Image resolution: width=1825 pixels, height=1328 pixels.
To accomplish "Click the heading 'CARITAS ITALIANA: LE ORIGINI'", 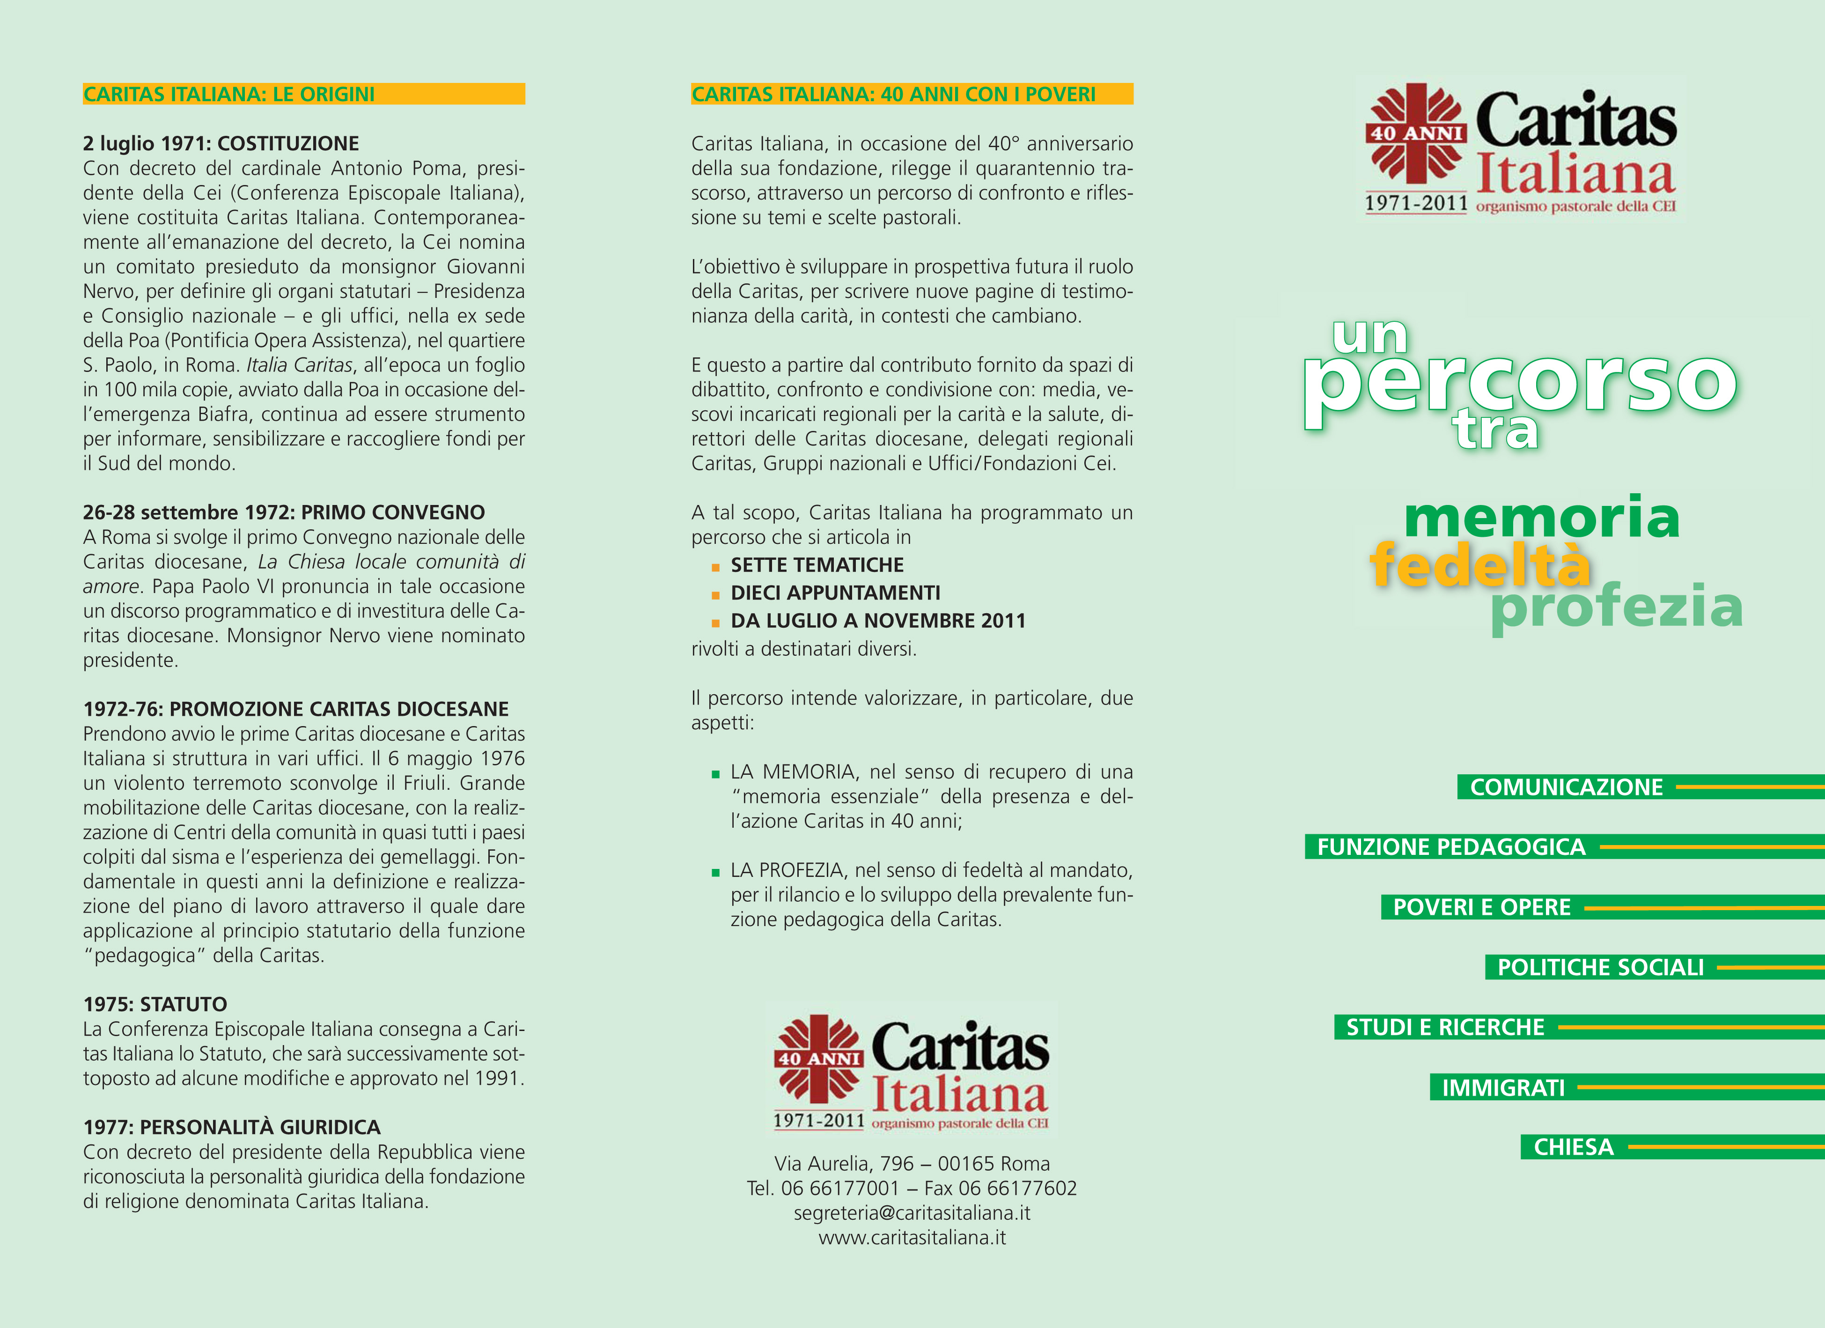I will click(229, 94).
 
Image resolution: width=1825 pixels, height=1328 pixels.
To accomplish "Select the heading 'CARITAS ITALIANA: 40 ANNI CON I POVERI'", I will click(893, 94).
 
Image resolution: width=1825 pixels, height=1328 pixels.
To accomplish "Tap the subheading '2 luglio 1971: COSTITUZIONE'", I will click(221, 143).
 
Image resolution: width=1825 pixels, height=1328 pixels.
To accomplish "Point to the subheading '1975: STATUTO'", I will click(155, 1004).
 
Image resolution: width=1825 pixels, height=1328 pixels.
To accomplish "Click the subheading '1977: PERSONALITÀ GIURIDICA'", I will click(232, 1127).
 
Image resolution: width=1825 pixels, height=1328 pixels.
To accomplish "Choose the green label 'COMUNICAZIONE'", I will click(1566, 787).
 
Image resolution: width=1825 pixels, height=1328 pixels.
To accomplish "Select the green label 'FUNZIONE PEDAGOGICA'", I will click(1451, 847).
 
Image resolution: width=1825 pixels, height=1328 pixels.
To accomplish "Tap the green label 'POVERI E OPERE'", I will click(1481, 907).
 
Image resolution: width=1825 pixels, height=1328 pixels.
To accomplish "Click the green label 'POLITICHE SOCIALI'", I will click(1600, 967).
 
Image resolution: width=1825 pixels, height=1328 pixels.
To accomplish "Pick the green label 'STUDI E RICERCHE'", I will click(1445, 1027).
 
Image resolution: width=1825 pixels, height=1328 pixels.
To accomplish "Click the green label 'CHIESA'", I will click(1573, 1147).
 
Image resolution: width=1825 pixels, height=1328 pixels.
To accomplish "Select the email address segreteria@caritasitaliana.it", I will click(912, 1213).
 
